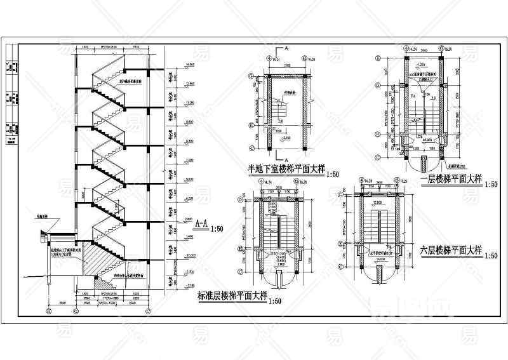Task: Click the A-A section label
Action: (x=200, y=223)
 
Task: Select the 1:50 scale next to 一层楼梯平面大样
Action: (x=490, y=184)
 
